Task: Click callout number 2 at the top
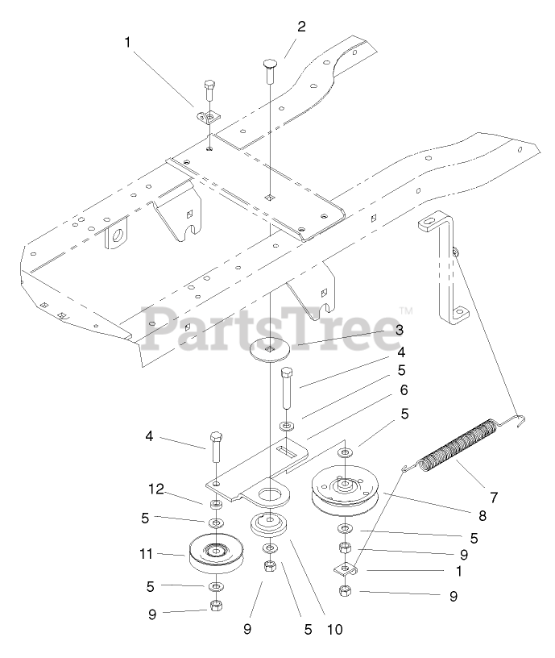[x=301, y=27]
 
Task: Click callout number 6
[x=404, y=389]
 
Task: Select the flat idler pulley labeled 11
[x=216, y=554]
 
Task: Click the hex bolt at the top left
[x=209, y=93]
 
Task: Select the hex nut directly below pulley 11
[x=216, y=606]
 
